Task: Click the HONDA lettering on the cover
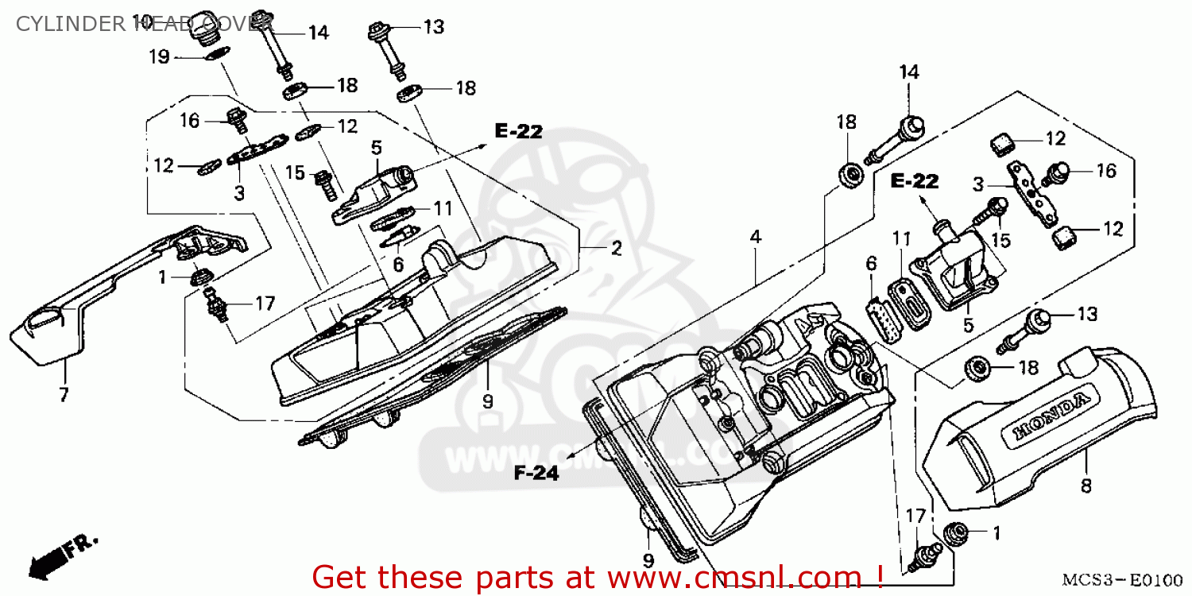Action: tap(1050, 416)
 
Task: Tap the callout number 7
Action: tap(64, 393)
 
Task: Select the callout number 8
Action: tap(1086, 485)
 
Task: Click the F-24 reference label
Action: tap(536, 474)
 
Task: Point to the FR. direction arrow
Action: tap(60, 553)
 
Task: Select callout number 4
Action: tap(755, 237)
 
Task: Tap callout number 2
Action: tap(616, 249)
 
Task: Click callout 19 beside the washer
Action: tap(159, 56)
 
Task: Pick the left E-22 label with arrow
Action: tap(518, 132)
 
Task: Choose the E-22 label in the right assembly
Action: tap(914, 182)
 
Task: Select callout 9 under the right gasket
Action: tap(648, 561)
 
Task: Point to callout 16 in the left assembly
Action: tap(189, 121)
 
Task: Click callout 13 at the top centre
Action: tap(433, 28)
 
